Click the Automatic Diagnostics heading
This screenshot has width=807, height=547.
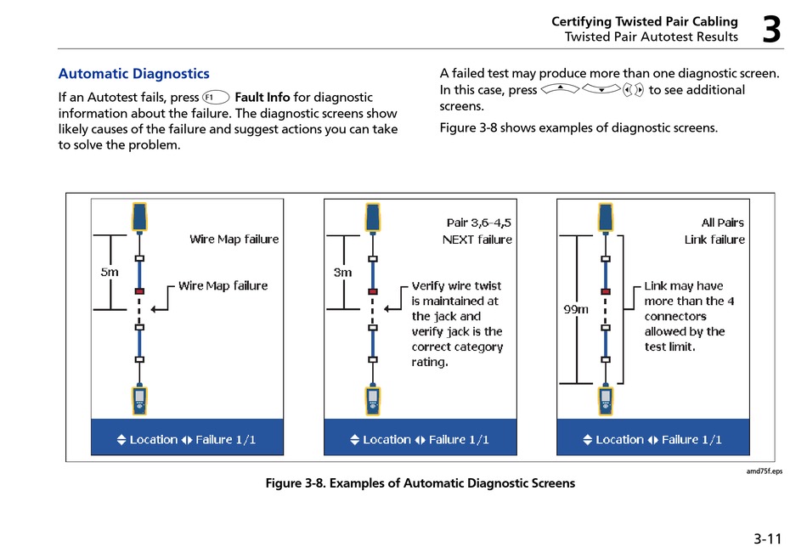click(x=134, y=74)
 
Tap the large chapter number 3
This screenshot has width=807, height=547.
click(x=771, y=30)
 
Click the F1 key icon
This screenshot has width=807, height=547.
click(x=216, y=98)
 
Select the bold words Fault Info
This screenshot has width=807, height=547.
click(x=262, y=98)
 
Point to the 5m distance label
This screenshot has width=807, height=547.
click(x=110, y=272)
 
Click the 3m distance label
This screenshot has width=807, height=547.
click(x=342, y=272)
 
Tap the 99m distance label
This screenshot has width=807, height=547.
click(x=576, y=309)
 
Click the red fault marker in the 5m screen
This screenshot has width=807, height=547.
click(x=139, y=291)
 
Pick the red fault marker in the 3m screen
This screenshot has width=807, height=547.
click(x=373, y=291)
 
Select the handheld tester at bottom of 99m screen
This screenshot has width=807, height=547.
click(x=606, y=400)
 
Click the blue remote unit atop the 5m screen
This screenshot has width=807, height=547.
click(x=139, y=217)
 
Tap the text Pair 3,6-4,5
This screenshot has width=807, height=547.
click(x=478, y=223)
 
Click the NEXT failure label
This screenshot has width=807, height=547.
click(x=477, y=240)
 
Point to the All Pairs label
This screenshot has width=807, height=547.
click(x=723, y=223)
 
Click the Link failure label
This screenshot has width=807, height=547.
click(x=714, y=240)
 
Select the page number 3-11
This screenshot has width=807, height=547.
click(x=767, y=539)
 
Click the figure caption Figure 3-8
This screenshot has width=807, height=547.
click(x=420, y=483)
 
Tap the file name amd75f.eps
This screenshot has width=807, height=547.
click(x=765, y=471)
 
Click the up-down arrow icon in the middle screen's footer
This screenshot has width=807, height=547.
click(x=354, y=439)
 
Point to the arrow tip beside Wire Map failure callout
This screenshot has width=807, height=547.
click(x=152, y=309)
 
